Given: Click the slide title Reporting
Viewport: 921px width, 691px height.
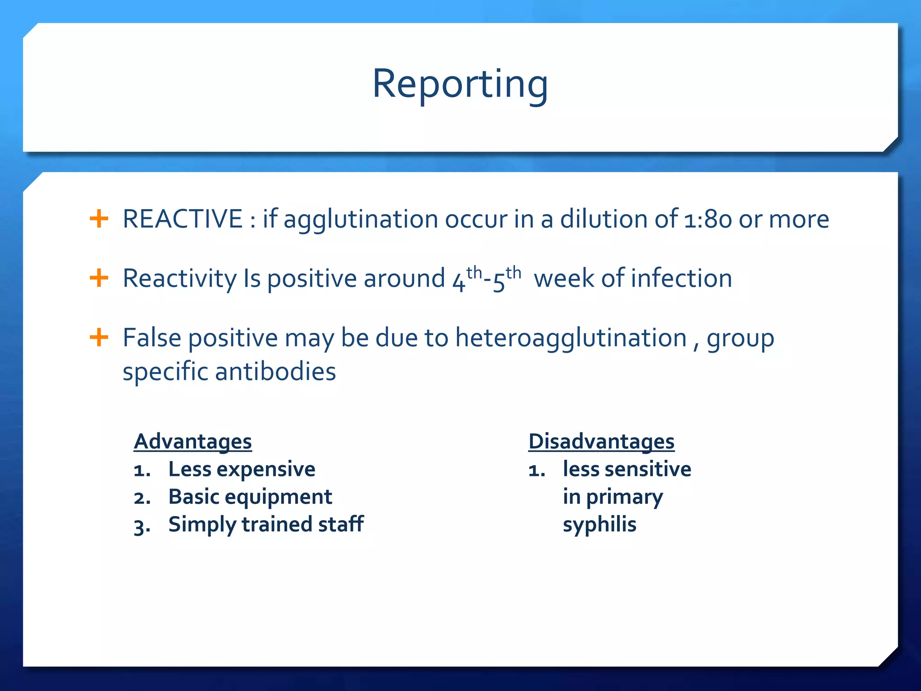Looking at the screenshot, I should tap(460, 84).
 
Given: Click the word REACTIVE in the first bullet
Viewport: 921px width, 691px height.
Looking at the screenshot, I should tap(183, 220).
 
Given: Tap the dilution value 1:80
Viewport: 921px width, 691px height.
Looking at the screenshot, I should tap(708, 220).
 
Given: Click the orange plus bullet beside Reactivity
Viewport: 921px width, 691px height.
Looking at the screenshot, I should tap(99, 278).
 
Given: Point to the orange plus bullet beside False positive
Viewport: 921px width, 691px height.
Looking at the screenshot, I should tap(99, 337).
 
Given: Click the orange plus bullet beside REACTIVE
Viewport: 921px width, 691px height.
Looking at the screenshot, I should tap(99, 219).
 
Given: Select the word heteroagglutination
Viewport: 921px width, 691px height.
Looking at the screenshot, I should tap(571, 338).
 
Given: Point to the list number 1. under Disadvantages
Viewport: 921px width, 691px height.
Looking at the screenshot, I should tap(537, 471).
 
